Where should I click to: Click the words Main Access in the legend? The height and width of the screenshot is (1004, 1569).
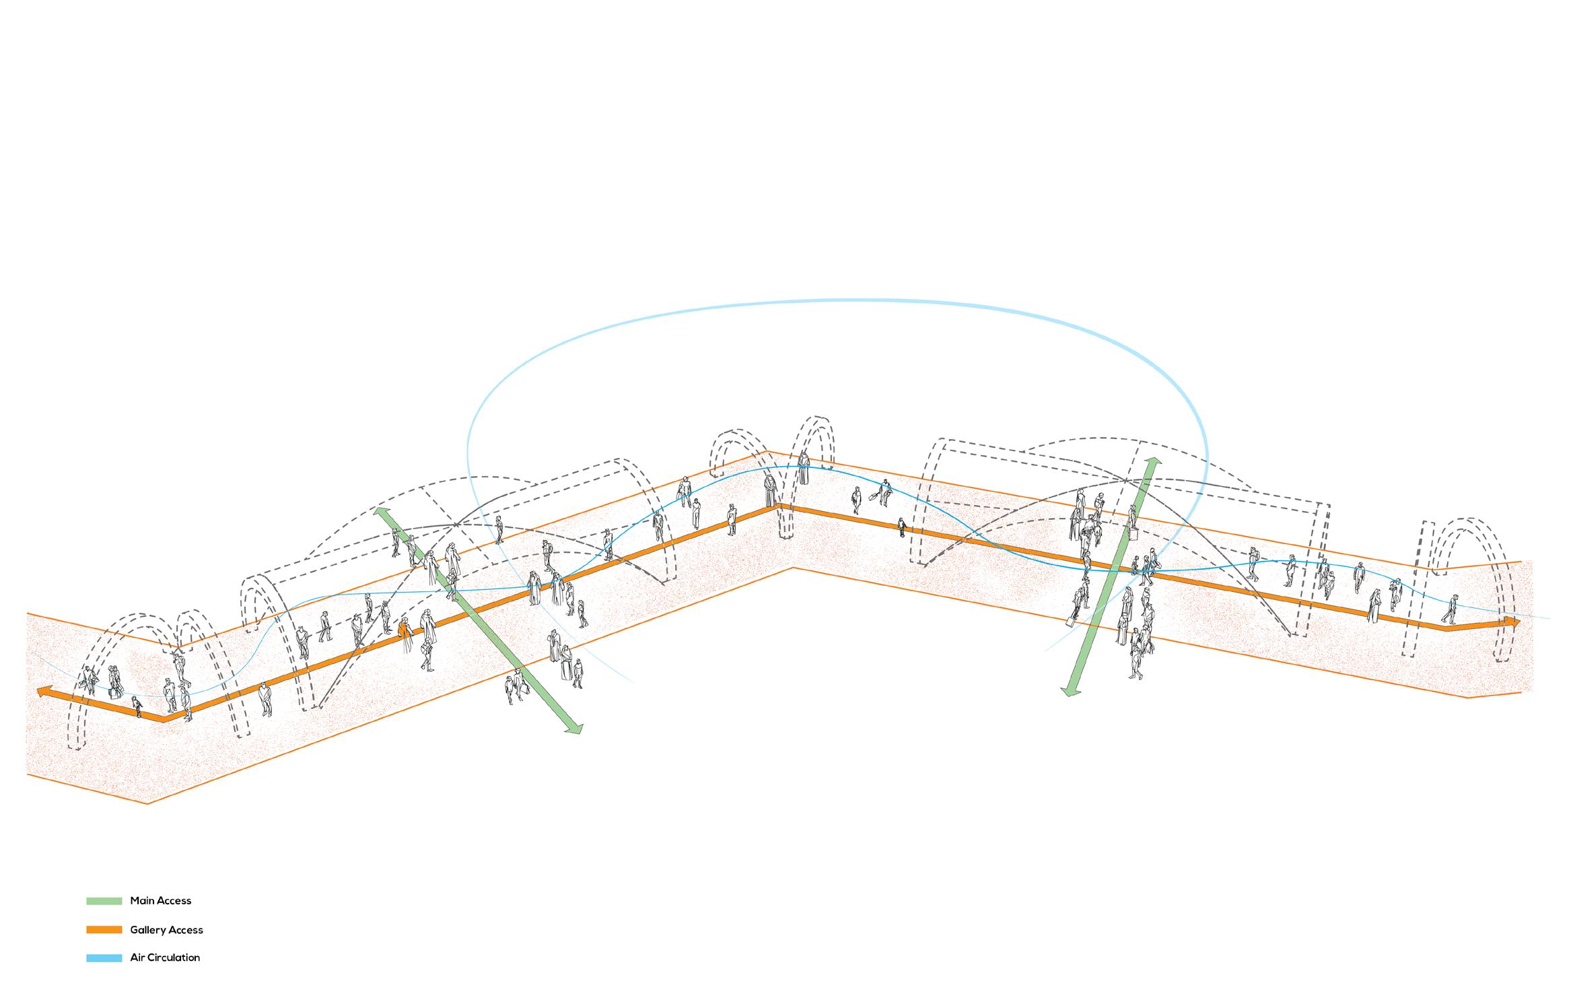tap(160, 900)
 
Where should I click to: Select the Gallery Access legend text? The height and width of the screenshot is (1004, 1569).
tap(166, 930)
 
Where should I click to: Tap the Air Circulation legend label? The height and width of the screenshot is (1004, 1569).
tap(165, 958)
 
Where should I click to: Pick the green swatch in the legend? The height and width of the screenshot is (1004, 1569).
tap(104, 900)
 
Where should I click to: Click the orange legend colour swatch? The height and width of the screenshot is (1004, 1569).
tap(104, 930)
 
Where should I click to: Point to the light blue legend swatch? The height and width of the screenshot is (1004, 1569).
tap(104, 958)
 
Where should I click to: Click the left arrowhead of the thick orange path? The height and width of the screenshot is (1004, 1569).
tap(43, 692)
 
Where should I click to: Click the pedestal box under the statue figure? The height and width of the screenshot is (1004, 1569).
tap(1134, 533)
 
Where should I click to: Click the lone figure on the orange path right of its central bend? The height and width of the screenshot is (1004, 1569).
tap(901, 527)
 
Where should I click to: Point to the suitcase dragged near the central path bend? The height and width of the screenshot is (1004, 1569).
tap(874, 497)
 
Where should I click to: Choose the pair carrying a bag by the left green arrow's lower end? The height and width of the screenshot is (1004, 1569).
tap(516, 687)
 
